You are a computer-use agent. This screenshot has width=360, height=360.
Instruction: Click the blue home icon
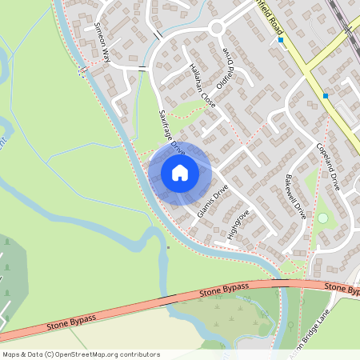179,173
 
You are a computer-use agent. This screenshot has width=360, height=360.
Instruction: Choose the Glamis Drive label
212,201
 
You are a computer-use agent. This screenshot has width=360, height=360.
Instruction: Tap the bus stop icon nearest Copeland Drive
326,96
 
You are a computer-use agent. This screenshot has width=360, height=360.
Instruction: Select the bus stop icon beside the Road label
280,39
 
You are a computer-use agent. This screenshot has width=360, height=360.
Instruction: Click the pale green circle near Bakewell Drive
322,218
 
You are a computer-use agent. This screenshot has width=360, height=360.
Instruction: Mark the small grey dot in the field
168,247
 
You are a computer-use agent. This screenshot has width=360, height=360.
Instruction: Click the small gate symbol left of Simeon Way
82,72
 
